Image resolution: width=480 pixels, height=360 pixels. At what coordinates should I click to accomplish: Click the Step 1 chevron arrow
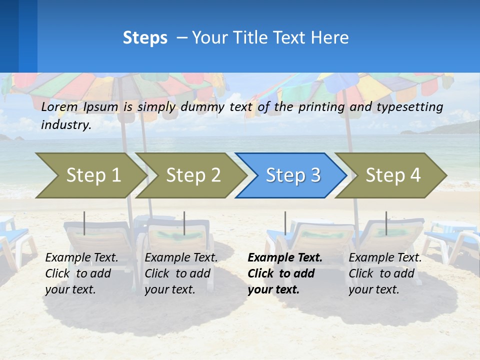coord(93,175)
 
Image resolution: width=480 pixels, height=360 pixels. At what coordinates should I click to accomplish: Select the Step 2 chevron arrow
coord(193,175)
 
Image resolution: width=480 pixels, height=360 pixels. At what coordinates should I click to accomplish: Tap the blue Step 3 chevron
coord(293,175)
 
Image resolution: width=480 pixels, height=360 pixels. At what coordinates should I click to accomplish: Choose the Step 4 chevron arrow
coord(393,175)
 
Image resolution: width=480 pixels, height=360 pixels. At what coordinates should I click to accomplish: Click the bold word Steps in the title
coord(145,38)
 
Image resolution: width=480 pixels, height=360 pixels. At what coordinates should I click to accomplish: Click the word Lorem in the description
coord(59,106)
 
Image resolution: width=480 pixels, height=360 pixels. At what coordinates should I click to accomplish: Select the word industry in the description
coord(66,125)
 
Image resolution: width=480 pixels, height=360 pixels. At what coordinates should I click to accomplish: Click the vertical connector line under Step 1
coord(84,223)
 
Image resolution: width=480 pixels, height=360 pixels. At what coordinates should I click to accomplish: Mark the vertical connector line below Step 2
coord(184,223)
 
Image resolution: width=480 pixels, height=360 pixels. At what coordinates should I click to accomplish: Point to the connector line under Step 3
coord(285,223)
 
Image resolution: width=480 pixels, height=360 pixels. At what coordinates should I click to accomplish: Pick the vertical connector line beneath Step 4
coord(386,223)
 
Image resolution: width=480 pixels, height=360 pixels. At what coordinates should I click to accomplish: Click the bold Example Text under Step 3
coord(285,258)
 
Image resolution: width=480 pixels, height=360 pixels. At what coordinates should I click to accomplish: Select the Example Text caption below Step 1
coord(81,258)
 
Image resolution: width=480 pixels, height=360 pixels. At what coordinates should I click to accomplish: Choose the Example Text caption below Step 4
coord(385,258)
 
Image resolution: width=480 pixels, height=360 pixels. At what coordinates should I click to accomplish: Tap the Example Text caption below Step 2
coord(181,258)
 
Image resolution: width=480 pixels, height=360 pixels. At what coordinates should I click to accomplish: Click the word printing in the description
coord(318,106)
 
